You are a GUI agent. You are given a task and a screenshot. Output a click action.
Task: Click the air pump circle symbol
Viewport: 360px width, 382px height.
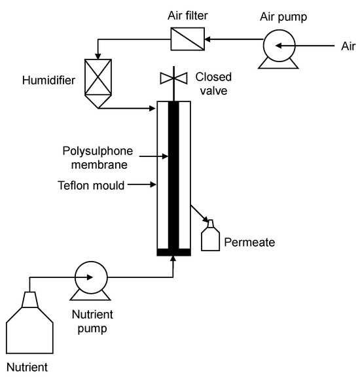pos(278,46)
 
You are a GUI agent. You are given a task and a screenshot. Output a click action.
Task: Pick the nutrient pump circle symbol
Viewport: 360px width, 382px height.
pos(90,277)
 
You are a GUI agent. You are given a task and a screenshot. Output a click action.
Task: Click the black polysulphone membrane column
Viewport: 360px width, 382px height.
pos(174,177)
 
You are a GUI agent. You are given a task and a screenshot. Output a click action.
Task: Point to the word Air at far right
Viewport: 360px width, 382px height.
pos(349,46)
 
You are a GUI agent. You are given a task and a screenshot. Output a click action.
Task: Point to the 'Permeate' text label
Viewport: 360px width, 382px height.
pos(249,243)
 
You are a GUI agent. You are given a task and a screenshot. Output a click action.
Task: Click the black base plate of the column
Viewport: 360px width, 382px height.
pos(174,252)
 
